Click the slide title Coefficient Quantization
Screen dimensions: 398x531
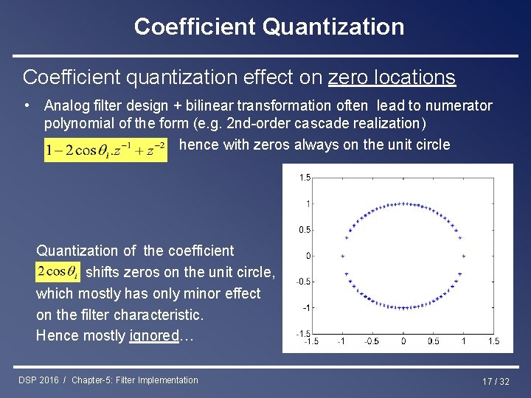pos(269,27)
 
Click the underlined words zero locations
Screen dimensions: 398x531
pos(392,77)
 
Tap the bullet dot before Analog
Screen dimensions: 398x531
pos(27,105)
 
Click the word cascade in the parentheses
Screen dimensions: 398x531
pos(316,123)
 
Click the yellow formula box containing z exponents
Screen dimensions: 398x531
pos(105,149)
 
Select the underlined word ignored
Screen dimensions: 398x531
pos(153,335)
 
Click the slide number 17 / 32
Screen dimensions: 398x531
pos(496,381)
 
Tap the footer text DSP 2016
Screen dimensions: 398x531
pos(39,380)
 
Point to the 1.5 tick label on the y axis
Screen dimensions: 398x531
pos(305,178)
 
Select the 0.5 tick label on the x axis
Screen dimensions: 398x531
pos(433,341)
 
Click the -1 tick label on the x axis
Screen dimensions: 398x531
pos(342,341)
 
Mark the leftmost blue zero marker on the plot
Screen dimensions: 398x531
pos(342,256)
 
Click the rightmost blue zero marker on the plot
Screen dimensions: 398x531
pos(464,256)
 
